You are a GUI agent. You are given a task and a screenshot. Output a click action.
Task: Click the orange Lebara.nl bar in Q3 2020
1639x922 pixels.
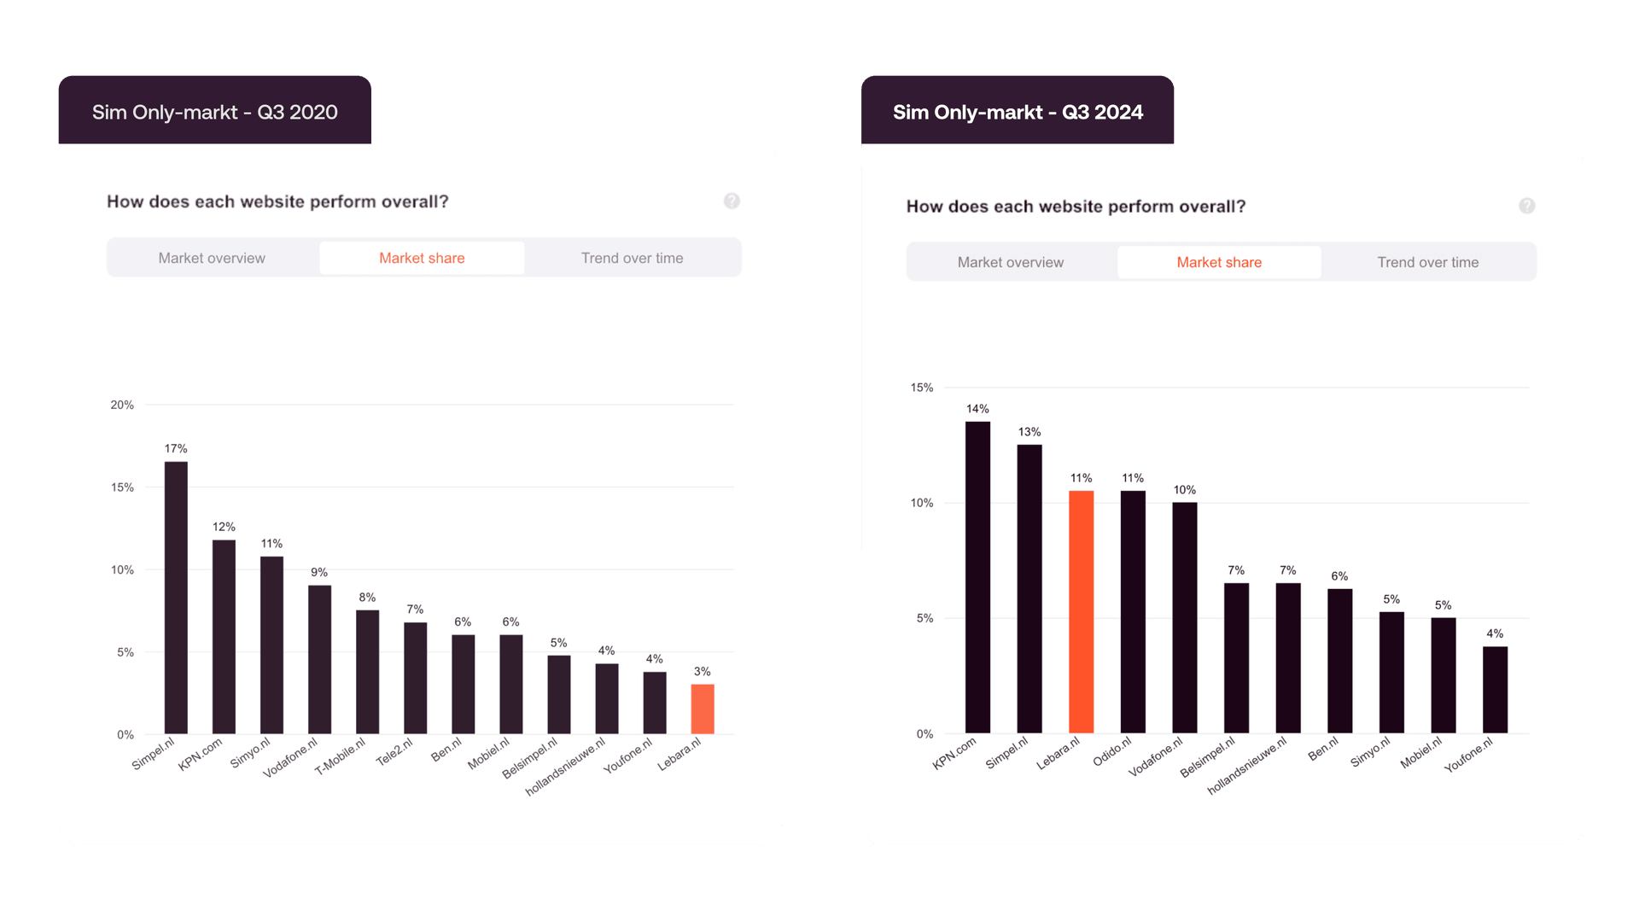(702, 709)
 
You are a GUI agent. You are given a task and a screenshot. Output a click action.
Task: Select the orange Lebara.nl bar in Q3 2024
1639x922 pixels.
(1081, 611)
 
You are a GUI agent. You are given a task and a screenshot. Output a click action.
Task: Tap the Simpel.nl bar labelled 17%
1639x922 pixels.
(176, 598)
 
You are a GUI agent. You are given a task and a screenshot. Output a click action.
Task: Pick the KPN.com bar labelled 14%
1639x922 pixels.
(977, 577)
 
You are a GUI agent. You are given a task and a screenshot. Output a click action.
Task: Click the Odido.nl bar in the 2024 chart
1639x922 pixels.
(1133, 611)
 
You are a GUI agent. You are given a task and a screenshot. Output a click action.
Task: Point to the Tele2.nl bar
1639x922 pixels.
(415, 678)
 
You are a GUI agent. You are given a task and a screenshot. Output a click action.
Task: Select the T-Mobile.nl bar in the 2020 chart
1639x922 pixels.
(367, 672)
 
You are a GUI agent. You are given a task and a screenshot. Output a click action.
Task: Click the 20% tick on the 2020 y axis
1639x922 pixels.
(122, 405)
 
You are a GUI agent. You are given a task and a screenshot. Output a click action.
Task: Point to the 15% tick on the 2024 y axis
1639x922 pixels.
(922, 388)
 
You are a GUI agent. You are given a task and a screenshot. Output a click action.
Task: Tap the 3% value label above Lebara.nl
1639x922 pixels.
(702, 672)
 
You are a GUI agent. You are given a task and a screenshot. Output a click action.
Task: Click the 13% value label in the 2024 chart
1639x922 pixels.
(1029, 432)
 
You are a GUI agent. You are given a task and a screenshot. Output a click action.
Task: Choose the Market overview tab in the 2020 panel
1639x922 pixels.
(212, 258)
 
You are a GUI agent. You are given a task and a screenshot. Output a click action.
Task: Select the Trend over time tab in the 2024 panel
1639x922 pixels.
(1427, 262)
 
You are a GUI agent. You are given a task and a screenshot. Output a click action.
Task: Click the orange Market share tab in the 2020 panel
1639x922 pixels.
(422, 258)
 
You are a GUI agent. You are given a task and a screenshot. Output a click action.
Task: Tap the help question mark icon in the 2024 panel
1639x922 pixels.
(1526, 206)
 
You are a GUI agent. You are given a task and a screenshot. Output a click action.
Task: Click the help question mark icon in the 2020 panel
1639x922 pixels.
(732, 201)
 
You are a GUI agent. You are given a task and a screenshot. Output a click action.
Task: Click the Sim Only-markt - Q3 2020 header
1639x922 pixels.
(214, 112)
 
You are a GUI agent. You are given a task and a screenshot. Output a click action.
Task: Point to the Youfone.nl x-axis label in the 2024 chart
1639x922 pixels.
(1470, 754)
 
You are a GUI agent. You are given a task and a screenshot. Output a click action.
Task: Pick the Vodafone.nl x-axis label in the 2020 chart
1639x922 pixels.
(291, 757)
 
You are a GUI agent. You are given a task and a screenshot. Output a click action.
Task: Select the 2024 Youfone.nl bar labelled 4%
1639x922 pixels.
(1495, 690)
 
